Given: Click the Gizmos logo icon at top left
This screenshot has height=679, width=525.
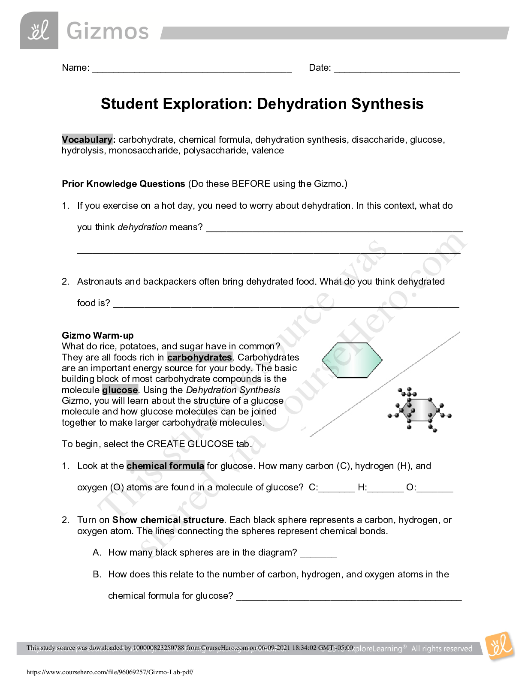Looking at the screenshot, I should (x=39, y=30).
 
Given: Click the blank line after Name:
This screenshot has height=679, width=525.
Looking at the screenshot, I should (x=192, y=69).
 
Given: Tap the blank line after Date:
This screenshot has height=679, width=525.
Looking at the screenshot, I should (x=397, y=69).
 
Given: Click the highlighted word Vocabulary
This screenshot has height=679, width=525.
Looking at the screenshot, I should (x=87, y=140).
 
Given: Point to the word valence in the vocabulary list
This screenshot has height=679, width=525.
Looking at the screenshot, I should (x=268, y=150).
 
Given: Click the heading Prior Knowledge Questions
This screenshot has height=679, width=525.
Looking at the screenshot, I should (x=124, y=184).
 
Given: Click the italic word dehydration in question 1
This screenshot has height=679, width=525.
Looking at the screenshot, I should (x=142, y=227).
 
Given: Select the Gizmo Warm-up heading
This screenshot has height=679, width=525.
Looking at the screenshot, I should (x=98, y=336).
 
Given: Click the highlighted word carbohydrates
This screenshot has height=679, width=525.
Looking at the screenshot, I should (x=199, y=358).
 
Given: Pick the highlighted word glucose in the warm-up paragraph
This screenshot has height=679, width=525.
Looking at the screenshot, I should (x=120, y=390).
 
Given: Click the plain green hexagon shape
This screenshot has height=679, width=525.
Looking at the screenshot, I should (x=352, y=360).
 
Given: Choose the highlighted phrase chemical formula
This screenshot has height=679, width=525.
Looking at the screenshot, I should (x=165, y=466).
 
